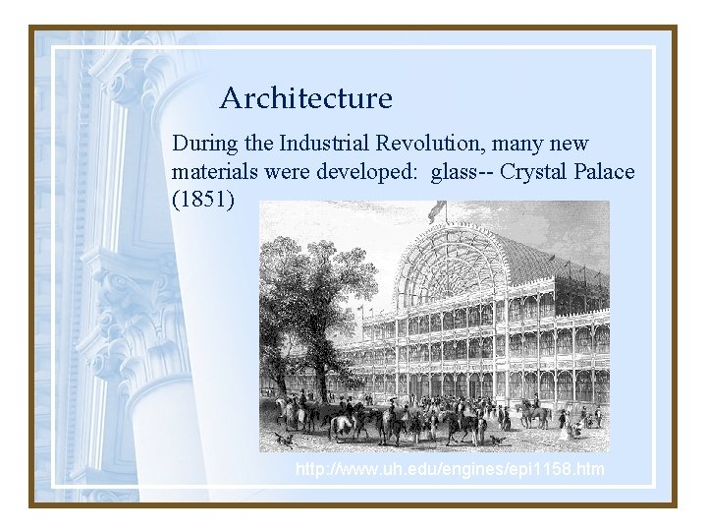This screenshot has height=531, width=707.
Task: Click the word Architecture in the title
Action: (x=305, y=98)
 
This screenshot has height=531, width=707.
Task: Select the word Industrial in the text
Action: (x=323, y=144)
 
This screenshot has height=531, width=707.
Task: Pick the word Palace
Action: (x=605, y=172)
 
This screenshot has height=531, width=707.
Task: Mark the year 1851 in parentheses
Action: (x=203, y=201)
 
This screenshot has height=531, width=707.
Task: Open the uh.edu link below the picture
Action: (x=450, y=470)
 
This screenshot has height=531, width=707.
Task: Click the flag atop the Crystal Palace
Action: (x=437, y=208)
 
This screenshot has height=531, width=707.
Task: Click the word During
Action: (x=205, y=144)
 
